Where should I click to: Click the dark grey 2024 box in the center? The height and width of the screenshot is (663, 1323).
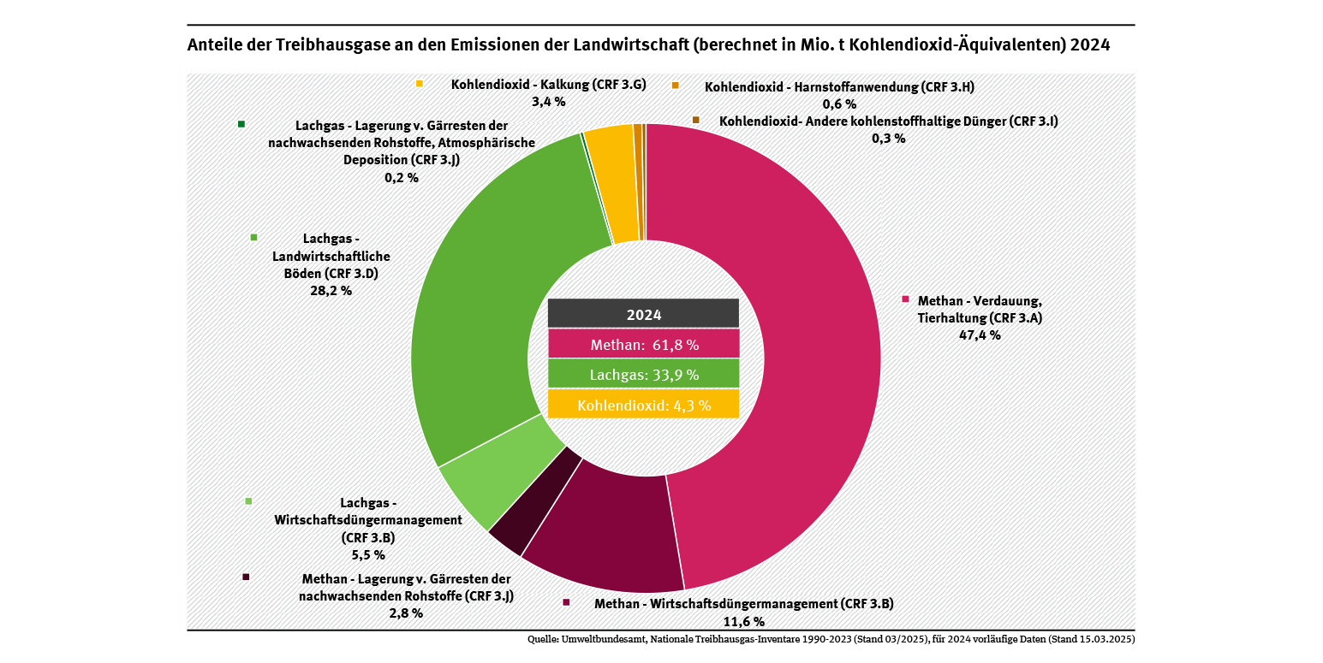643,314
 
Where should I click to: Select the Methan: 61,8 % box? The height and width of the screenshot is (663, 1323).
643,345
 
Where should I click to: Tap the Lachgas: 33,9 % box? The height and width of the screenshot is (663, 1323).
643,375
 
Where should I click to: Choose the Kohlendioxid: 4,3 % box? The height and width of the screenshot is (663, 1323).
643,405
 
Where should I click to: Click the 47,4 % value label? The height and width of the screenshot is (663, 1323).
980,335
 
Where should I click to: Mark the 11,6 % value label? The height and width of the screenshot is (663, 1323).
743,621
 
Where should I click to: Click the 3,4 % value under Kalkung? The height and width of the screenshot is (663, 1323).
548,102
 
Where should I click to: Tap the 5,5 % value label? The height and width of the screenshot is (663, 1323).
368,554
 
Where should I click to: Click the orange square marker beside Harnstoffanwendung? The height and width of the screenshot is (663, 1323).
675,86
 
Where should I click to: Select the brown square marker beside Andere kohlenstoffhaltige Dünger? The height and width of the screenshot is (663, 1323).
695,120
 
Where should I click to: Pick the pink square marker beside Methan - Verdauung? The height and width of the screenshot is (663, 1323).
905,299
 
